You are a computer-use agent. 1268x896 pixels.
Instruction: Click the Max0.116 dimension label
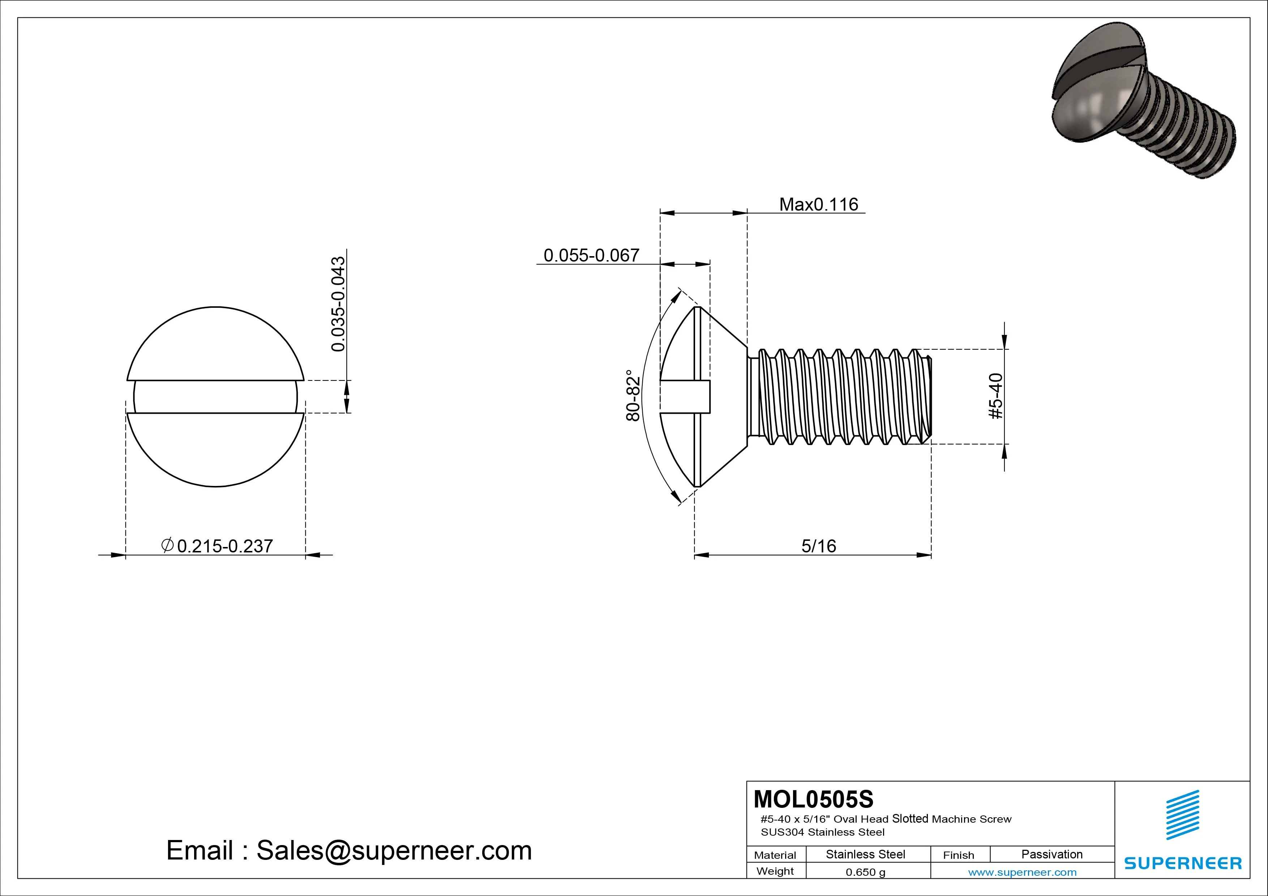pyautogui.click(x=818, y=205)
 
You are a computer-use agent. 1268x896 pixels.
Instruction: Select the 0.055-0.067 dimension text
pyautogui.click(x=591, y=255)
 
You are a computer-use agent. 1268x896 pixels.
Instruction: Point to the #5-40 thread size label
pyautogui.click(x=996, y=396)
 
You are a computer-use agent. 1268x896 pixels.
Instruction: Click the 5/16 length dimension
pyautogui.click(x=818, y=547)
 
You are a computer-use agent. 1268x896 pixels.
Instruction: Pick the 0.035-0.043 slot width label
pyautogui.click(x=338, y=303)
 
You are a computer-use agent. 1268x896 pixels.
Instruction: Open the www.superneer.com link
pyautogui.click(x=1022, y=872)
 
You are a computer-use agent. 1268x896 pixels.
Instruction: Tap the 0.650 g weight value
pyautogui.click(x=865, y=872)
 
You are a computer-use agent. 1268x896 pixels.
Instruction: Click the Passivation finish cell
pyautogui.click(x=1051, y=854)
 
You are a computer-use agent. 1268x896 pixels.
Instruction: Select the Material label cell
pyautogui.click(x=775, y=855)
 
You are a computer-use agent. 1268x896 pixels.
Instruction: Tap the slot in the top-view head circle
pyautogui.click(x=215, y=396)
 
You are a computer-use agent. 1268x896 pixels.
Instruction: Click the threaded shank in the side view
pyautogui.click(x=839, y=396)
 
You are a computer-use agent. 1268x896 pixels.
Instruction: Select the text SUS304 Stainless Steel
pyautogui.click(x=822, y=832)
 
